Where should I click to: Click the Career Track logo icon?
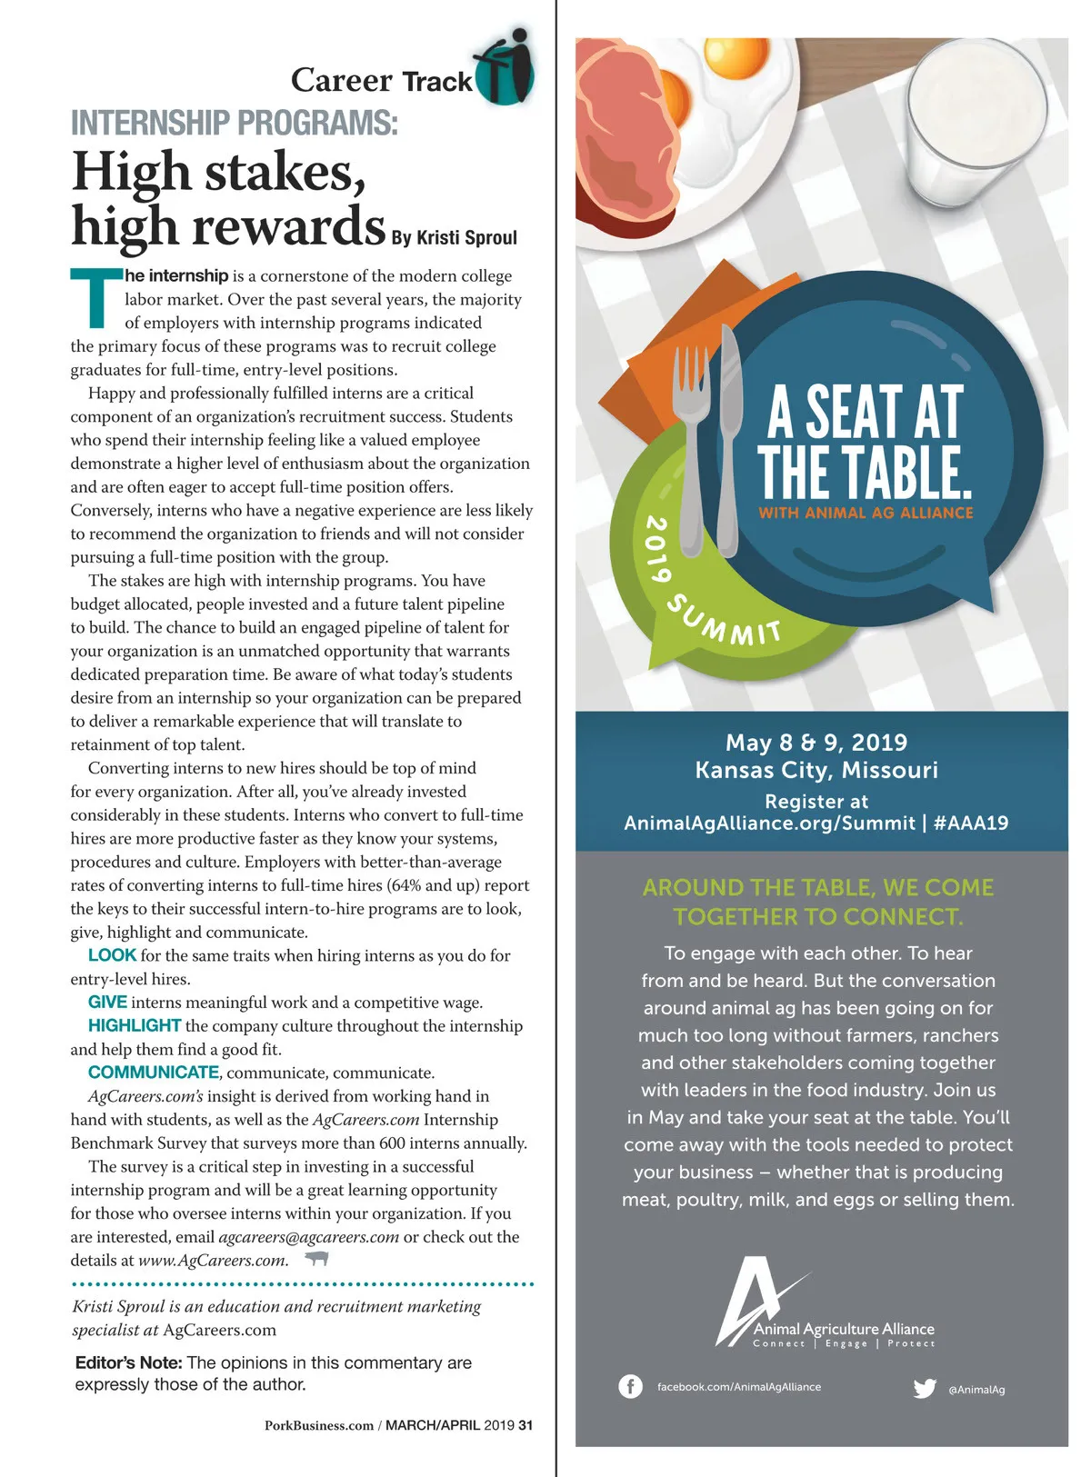pos(505,68)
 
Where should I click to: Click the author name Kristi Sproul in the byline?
pos(466,238)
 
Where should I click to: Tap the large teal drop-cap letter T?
pos(95,297)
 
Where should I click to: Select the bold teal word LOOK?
pos(112,955)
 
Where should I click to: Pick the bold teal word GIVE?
pos(107,1003)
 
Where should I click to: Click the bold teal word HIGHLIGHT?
pos(135,1026)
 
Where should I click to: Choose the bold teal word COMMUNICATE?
pos(153,1073)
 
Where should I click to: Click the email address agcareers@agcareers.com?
pos(309,1237)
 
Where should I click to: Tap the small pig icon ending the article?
pos(316,1259)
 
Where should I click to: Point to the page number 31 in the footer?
pos(525,1425)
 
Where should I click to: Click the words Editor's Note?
pos(128,1362)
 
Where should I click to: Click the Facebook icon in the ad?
pos(630,1386)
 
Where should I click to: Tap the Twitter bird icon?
pos(925,1388)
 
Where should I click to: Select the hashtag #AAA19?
pos(971,823)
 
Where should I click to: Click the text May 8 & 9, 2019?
pos(816,743)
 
